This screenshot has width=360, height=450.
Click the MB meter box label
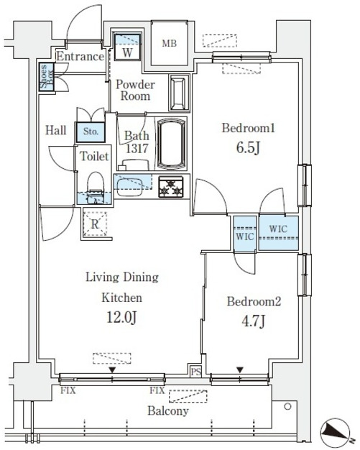coord(170,43)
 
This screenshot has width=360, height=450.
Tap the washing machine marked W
coord(127,47)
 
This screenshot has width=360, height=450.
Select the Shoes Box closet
coord(46,77)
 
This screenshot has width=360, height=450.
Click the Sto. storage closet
coord(91,132)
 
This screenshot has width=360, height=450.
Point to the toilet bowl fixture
coord(96,187)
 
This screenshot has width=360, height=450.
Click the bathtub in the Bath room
coord(172,142)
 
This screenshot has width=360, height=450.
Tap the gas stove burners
coord(171,187)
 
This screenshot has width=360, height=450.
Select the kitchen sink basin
coord(129,187)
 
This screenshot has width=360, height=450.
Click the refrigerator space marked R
coord(95,224)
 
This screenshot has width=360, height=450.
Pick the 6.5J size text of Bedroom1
coord(249,148)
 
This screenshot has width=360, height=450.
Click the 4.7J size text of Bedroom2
coord(253,321)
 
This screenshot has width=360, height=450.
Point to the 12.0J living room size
coord(121,318)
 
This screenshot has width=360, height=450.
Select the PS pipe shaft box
coord(196,372)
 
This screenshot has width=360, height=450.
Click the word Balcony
coord(168,411)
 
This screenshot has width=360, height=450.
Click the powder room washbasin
coord(178,93)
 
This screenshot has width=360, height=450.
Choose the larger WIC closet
coord(279,233)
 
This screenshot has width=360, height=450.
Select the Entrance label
coord(80,56)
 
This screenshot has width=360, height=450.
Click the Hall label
coord(55,130)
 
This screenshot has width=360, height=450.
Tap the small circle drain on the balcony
coord(287,406)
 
